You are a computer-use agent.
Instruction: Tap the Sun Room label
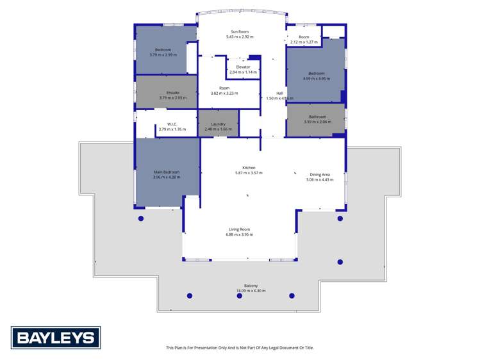pyautogui.click(x=240, y=31)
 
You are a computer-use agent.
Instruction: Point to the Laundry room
pyautogui.click(x=218, y=124)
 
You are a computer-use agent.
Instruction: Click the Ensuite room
pyautogui.click(x=166, y=94)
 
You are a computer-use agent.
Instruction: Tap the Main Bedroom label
pyautogui.click(x=166, y=172)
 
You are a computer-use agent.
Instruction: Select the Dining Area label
pyautogui.click(x=320, y=175)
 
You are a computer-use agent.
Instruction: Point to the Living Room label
pyautogui.click(x=240, y=229)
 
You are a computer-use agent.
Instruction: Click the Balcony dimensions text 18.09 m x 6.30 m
pyautogui.click(x=251, y=291)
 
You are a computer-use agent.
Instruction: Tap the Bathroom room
pyautogui.click(x=317, y=119)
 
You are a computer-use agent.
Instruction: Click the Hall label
pyautogui.click(x=279, y=93)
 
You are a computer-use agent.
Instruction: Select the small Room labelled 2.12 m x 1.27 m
pyautogui.click(x=304, y=40)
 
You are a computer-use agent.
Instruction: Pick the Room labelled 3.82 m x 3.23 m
pyautogui.click(x=224, y=90)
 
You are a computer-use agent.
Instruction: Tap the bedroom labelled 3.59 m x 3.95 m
pyautogui.click(x=317, y=76)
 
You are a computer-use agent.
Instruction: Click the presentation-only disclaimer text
pyautogui.click(x=240, y=348)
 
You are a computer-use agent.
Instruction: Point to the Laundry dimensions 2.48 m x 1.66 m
pyautogui.click(x=218, y=129)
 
